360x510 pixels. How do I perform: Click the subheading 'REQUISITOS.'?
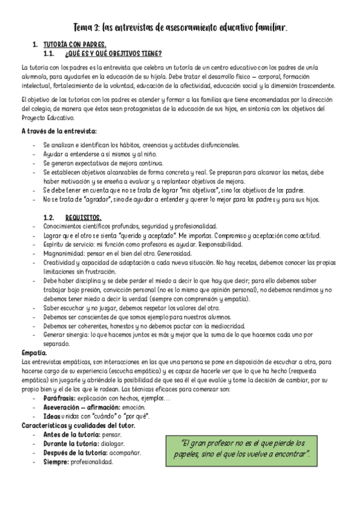point(83,217)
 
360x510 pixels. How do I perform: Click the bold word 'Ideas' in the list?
point(52,416)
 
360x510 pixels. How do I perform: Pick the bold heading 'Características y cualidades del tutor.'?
point(78,425)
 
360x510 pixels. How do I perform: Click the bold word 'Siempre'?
point(58,462)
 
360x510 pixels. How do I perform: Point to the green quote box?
point(246,447)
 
